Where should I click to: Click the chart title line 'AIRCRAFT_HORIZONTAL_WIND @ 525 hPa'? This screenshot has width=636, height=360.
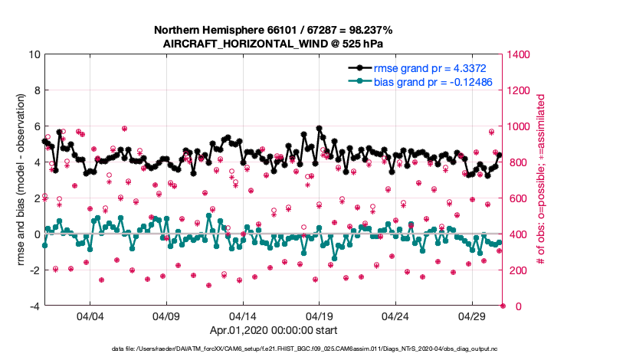(x=274, y=44)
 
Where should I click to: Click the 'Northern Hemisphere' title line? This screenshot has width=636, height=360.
(x=274, y=31)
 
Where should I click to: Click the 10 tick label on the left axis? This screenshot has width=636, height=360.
(x=34, y=54)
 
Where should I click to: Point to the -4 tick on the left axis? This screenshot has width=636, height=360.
(x=34, y=306)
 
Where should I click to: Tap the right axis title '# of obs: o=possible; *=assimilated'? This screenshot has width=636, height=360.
(x=540, y=180)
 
